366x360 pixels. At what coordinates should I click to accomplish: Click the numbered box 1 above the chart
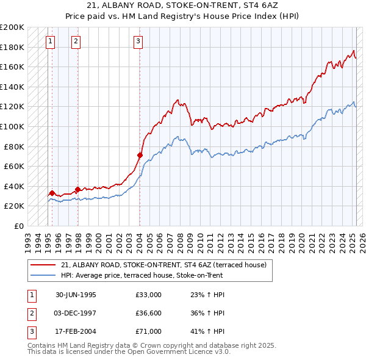pos(50,41)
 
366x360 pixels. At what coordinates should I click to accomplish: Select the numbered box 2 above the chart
pos(76,41)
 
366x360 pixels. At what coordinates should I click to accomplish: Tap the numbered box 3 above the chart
pos(138,41)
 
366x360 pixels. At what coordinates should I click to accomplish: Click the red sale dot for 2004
pos(140,156)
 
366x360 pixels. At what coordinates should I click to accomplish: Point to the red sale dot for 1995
pos(52,193)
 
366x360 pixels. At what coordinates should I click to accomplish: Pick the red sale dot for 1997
pos(77,189)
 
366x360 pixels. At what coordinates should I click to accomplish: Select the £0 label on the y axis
pos(18,226)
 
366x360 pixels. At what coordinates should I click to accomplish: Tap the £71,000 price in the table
pos(149,331)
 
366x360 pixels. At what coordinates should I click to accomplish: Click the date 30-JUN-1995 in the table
pos(76,295)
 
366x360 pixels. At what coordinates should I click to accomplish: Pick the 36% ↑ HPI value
pos(204,313)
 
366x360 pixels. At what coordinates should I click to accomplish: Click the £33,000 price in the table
pos(149,295)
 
